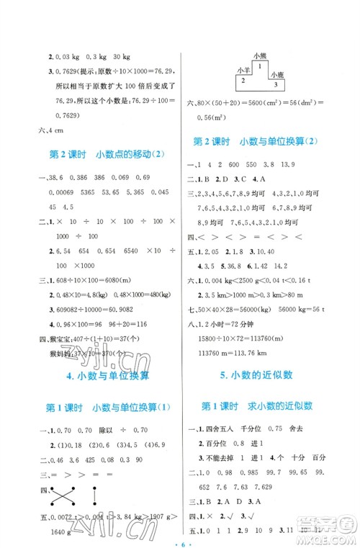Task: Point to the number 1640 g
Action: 61,532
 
